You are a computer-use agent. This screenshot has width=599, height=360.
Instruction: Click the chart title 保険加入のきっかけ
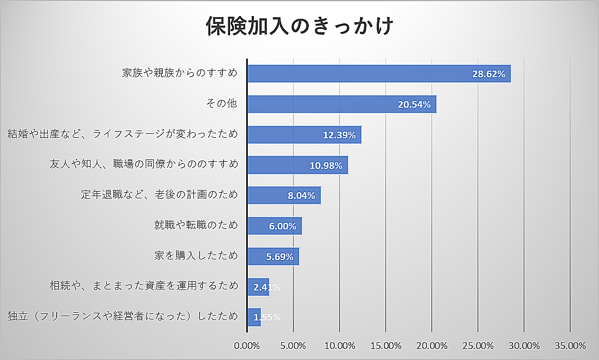point(299,26)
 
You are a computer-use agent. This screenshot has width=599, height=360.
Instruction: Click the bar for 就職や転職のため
point(274,226)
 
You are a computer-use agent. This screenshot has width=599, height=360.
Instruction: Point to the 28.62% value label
point(488,74)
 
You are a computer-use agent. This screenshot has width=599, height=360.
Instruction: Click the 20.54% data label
point(415,104)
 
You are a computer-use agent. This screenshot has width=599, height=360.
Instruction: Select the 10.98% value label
point(326,165)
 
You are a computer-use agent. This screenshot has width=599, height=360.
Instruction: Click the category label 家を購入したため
point(196,256)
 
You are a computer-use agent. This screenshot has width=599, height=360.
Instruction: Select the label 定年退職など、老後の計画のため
point(159,194)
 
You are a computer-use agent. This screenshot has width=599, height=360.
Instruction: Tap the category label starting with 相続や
point(144,286)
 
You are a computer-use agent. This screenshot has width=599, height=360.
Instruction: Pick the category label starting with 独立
point(123,317)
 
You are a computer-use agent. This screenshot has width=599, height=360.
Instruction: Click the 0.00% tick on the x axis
point(247,346)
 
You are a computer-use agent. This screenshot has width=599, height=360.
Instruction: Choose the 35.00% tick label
point(570,346)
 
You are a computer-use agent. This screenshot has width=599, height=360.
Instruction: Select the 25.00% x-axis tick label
point(478,346)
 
